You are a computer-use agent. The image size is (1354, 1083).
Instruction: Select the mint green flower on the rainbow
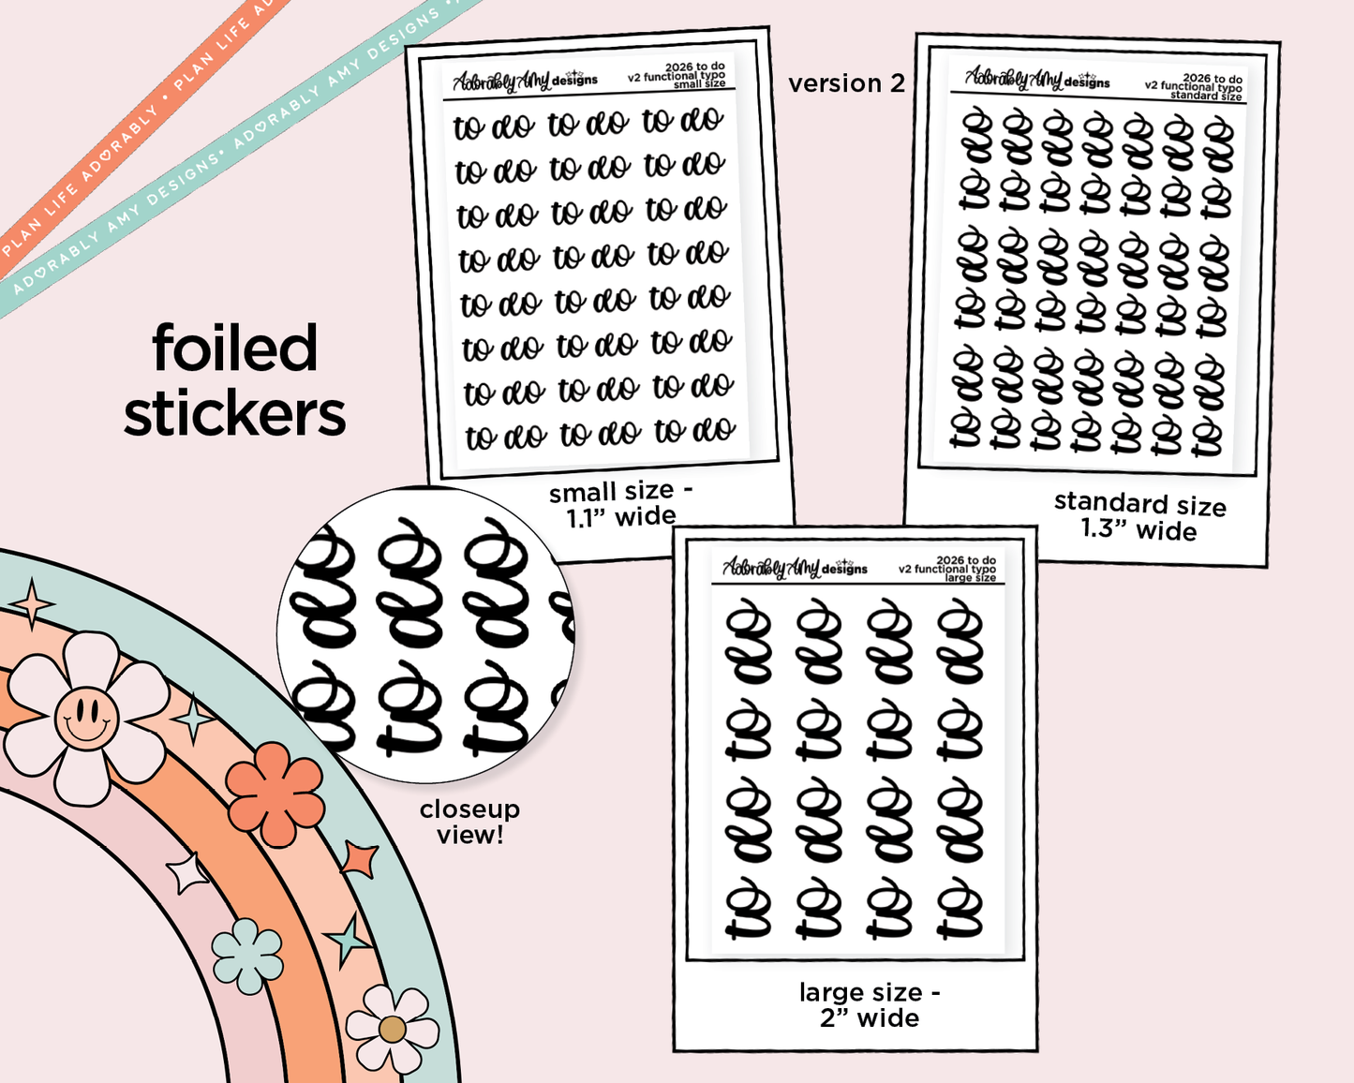tap(247, 956)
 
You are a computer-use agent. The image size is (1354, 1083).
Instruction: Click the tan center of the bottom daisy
tap(392, 1030)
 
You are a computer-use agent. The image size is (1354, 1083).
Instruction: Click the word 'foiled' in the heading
tap(235, 349)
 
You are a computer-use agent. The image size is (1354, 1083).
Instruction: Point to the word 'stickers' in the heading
tap(234, 414)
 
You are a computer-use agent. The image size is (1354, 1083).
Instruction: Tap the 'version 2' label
tap(846, 83)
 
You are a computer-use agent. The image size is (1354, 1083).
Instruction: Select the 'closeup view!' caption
tap(469, 822)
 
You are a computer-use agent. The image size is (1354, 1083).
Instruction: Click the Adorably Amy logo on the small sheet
tap(524, 82)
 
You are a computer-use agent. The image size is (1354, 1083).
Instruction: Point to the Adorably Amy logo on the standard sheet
tap(1036, 79)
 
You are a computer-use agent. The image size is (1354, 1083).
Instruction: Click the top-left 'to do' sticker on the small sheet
tap(493, 126)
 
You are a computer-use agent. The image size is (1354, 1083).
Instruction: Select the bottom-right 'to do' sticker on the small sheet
tap(694, 430)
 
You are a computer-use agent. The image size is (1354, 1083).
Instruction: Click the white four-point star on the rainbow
tap(186, 873)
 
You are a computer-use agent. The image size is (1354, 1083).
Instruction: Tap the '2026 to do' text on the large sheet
tap(966, 560)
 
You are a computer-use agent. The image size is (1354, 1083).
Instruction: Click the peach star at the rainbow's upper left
tap(33, 604)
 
